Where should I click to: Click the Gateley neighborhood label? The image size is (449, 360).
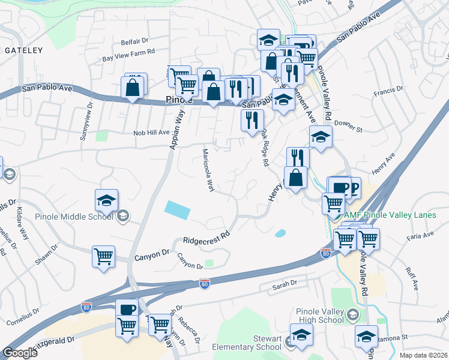tap(24, 50)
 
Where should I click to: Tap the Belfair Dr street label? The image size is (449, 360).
tap(134, 41)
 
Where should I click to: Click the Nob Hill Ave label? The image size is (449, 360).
tap(151, 132)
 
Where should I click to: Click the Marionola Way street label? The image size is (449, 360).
tap(208, 170)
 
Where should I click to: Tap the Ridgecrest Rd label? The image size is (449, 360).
tap(207, 237)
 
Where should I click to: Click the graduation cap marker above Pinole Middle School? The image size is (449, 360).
tap(106, 200)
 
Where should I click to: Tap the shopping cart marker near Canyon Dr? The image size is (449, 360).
tap(104, 256)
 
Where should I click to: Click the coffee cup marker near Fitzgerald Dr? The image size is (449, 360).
tap(127, 309)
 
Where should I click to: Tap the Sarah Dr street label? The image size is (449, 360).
tap(285, 283)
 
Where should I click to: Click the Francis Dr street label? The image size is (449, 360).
tap(387, 91)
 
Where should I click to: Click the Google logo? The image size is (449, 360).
tap(20, 353)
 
